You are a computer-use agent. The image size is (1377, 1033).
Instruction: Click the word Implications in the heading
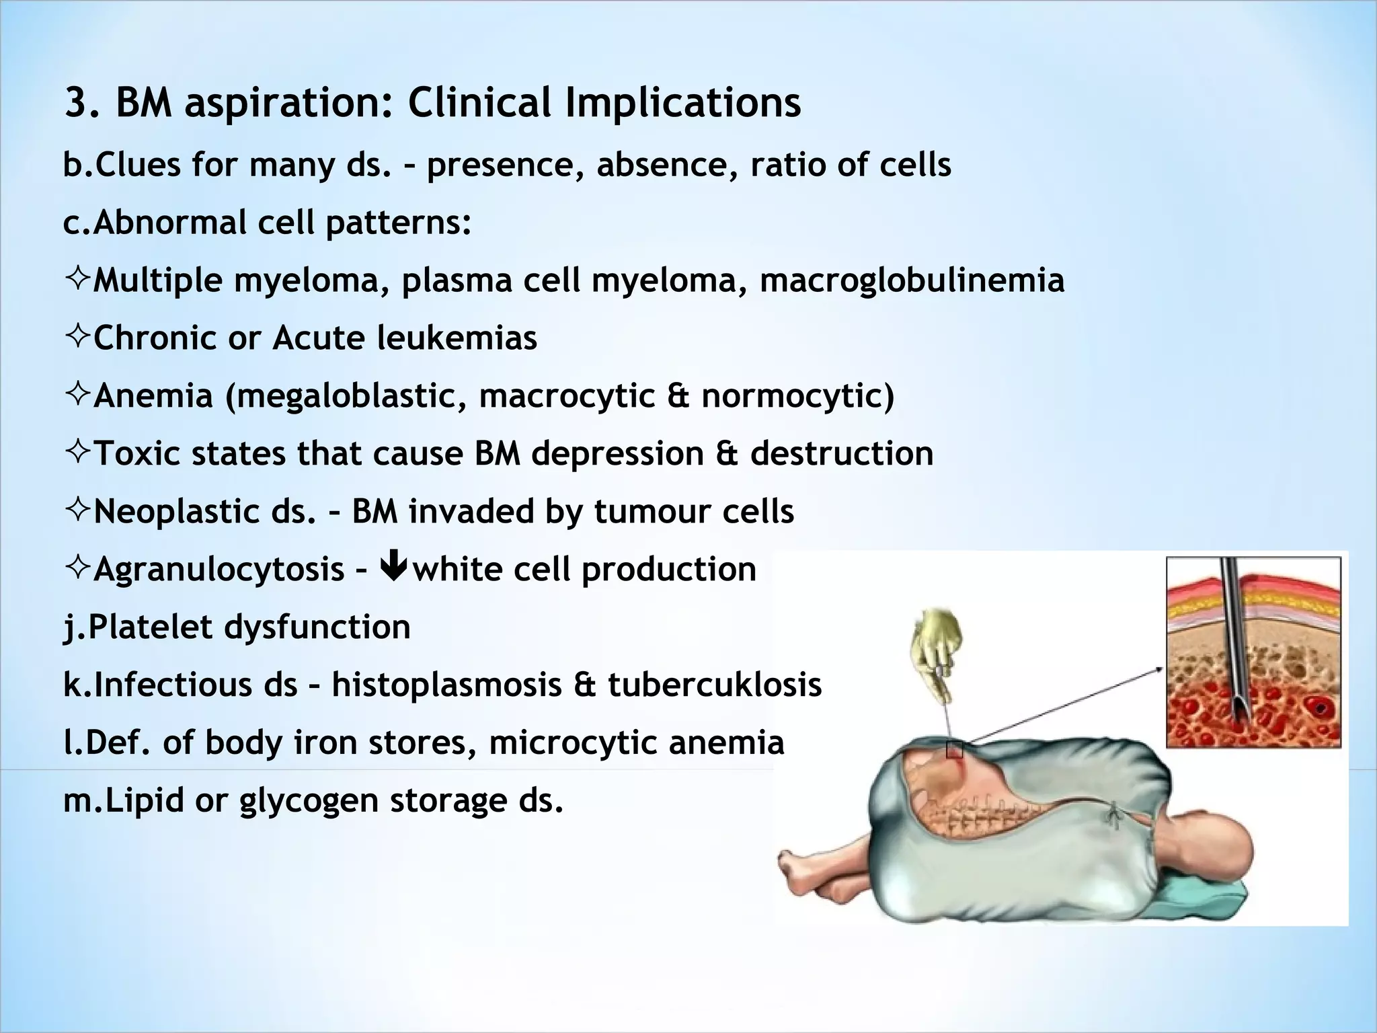[x=682, y=103]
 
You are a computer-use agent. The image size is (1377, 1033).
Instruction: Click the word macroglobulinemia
[x=912, y=280]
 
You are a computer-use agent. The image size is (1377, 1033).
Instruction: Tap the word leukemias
[x=457, y=338]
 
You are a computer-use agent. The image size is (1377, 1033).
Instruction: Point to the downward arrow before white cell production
[x=393, y=567]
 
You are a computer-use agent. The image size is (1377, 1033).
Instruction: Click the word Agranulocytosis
[x=219, y=570]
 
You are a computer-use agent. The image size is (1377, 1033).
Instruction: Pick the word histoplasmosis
[x=446, y=685]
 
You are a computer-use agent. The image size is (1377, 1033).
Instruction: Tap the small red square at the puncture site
[x=954, y=750]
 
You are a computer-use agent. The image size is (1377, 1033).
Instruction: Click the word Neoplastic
[x=204, y=511]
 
